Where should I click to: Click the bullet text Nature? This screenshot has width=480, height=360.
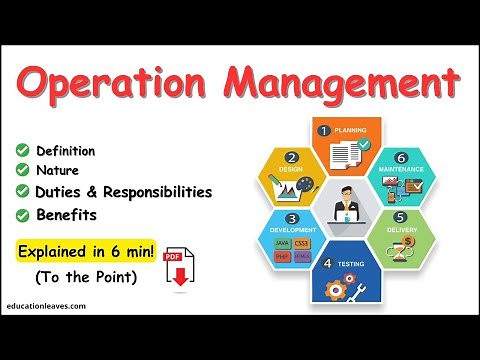pyautogui.click(x=58, y=171)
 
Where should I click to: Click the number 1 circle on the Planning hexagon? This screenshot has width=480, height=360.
pyautogui.click(x=324, y=130)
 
